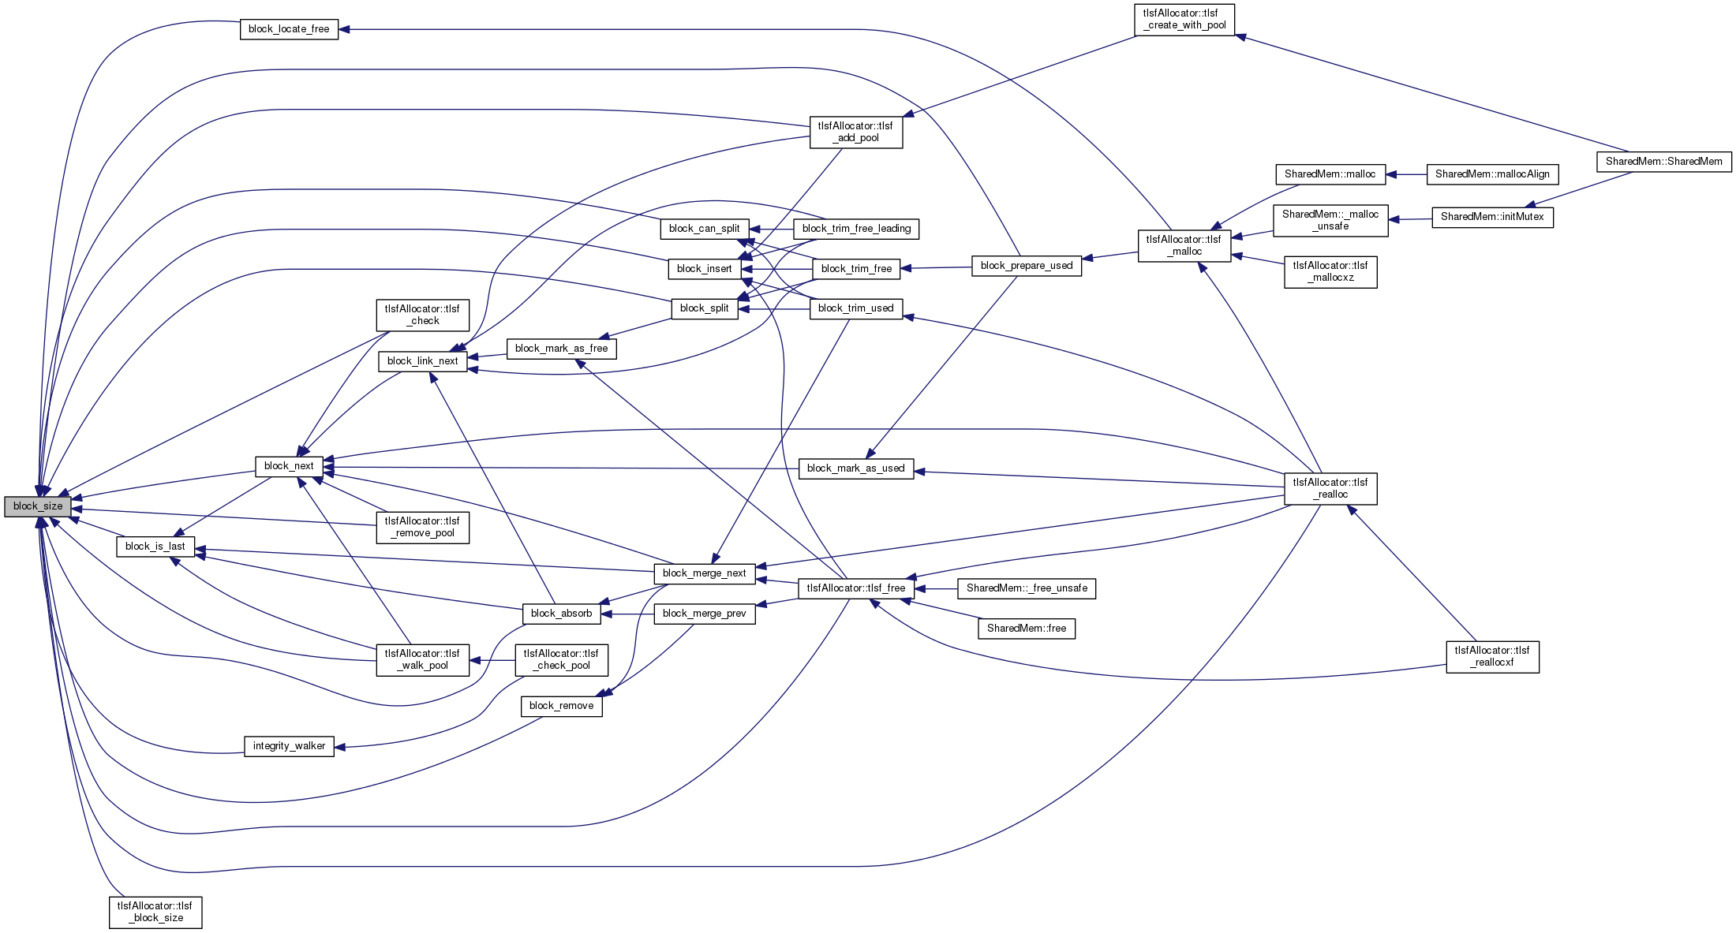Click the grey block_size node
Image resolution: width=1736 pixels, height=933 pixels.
point(38,506)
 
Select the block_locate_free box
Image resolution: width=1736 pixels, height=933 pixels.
point(289,29)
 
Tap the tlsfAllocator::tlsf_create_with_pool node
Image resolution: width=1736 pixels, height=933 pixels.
point(1184,20)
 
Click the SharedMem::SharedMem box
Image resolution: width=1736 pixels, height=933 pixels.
point(1663,162)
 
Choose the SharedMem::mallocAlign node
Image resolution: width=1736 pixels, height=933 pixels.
point(1491,174)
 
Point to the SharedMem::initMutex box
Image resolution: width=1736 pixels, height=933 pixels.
point(1491,217)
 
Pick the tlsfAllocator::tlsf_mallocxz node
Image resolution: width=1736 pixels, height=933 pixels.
point(1330,272)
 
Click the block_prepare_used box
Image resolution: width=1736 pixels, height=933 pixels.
point(1026,266)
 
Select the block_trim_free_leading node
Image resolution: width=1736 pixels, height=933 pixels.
point(856,229)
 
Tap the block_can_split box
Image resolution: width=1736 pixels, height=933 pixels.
point(704,229)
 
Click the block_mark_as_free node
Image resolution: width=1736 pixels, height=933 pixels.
point(561,349)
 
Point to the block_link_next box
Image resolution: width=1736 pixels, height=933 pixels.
point(422,361)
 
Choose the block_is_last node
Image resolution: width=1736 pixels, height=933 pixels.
point(155,547)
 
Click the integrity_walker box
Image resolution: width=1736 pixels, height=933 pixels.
point(289,746)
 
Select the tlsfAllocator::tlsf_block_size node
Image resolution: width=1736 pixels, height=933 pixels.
point(155,912)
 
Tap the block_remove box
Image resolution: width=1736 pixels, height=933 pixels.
point(561,706)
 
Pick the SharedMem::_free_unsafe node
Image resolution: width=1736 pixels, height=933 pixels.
point(1026,588)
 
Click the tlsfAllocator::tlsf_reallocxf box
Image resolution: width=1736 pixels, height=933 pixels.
point(1492,657)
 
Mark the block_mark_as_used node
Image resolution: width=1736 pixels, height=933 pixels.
point(856,468)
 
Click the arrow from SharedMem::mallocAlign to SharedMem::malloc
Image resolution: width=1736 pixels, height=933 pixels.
point(1406,174)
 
